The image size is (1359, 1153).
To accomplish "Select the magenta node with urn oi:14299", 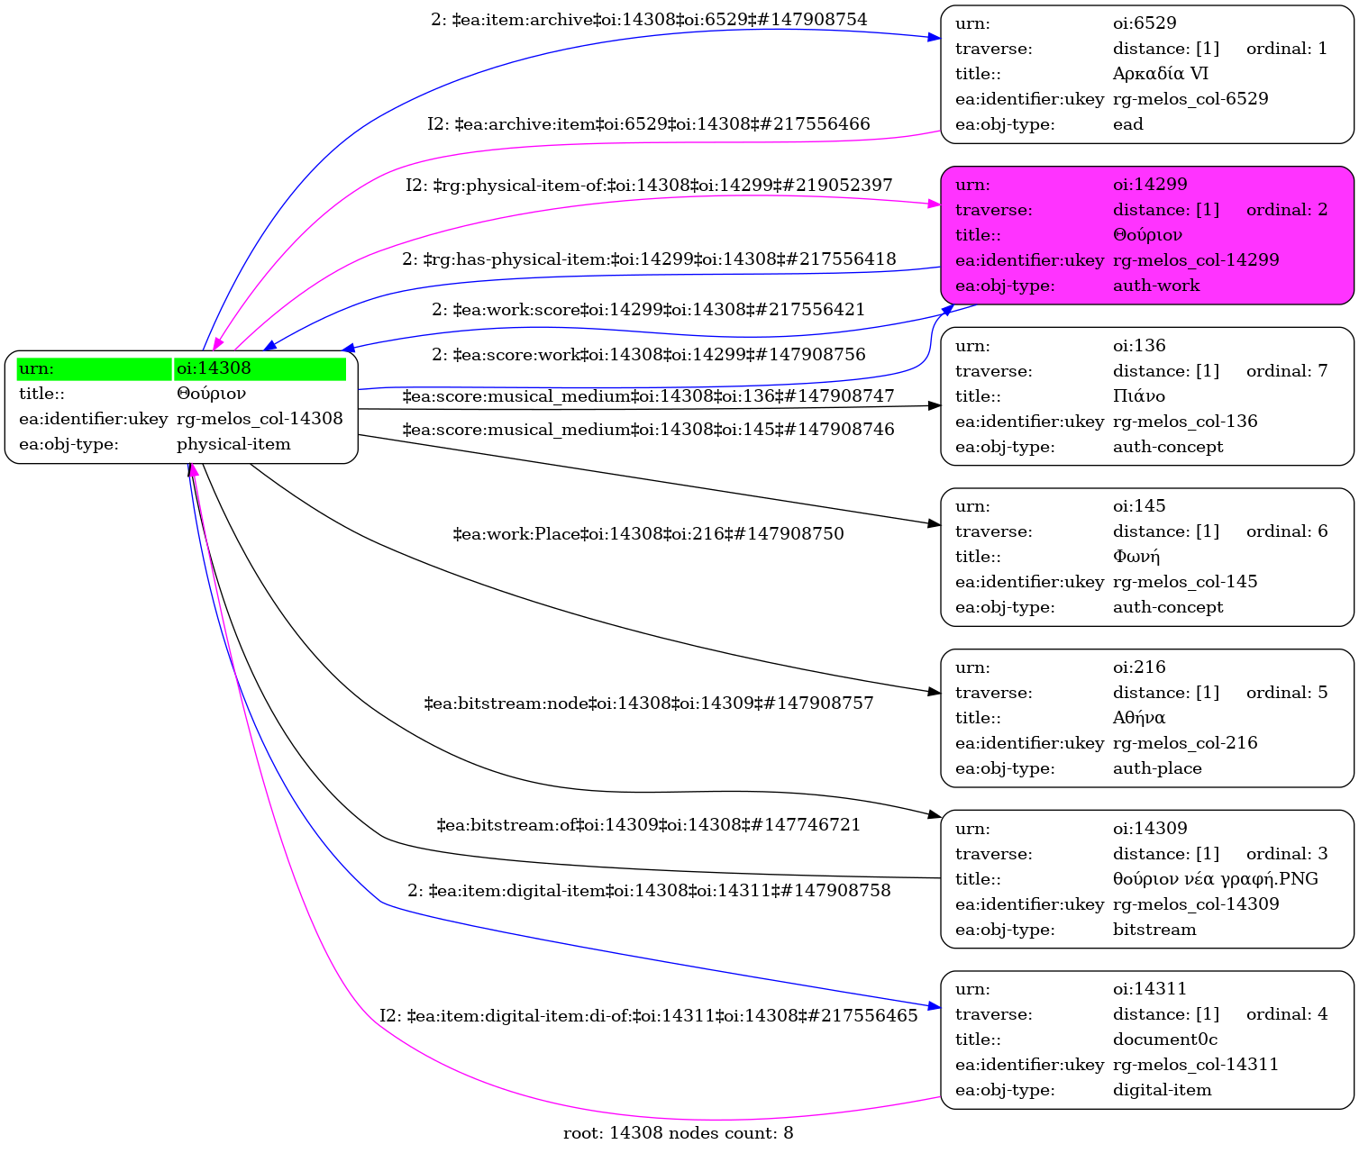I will (x=1146, y=235).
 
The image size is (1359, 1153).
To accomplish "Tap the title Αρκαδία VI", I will (x=1160, y=74).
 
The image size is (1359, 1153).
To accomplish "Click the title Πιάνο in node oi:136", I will (x=1138, y=396).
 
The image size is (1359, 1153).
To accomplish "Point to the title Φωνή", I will (x=1136, y=557).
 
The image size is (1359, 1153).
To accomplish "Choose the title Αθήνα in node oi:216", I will (x=1138, y=718).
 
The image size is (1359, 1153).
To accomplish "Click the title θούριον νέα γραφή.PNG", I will (x=1215, y=879).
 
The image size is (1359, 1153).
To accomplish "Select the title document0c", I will (x=1164, y=1040).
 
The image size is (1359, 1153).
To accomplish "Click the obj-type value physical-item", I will (x=233, y=444).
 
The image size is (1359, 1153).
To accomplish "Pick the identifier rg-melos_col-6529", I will (x=1190, y=99).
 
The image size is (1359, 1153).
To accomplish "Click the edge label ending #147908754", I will (x=649, y=20).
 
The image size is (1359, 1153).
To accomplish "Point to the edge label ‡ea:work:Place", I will (x=648, y=534).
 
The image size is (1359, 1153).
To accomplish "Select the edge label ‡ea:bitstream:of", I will (x=648, y=825).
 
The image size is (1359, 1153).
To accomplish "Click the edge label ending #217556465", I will (x=648, y=1016).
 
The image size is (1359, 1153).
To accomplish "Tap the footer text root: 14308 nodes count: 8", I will (x=678, y=1133).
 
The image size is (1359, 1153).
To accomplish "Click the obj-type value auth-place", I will (x=1156, y=768).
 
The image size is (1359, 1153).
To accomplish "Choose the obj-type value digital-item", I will (x=1162, y=1090).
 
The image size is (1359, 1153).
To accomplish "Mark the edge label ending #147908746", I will (x=648, y=430).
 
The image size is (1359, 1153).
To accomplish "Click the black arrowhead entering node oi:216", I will (x=935, y=692).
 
